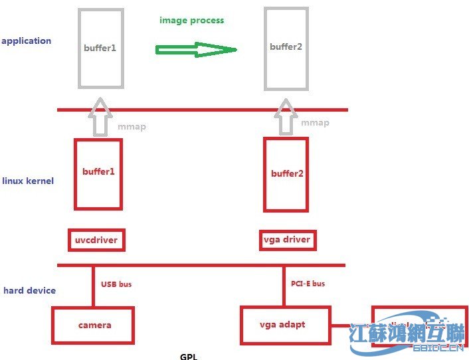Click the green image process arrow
click(x=197, y=50)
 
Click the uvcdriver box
click(x=96, y=239)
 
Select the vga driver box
click(x=286, y=239)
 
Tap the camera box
click(x=94, y=325)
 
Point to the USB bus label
click(x=116, y=284)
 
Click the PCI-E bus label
click(x=308, y=284)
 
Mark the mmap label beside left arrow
click(x=132, y=127)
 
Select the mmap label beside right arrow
click(x=315, y=123)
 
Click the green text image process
click(x=191, y=21)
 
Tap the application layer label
click(x=27, y=41)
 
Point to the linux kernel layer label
click(x=28, y=181)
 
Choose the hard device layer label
click(x=30, y=291)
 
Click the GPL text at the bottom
click(x=189, y=356)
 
